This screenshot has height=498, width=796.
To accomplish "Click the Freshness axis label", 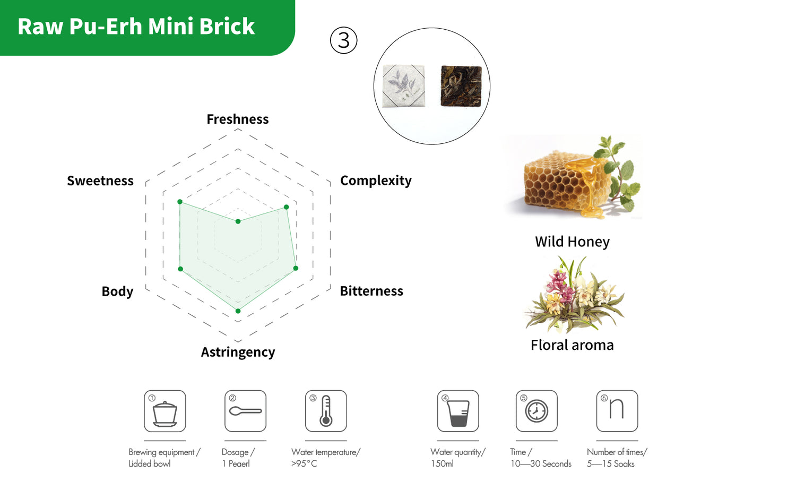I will click(237, 119).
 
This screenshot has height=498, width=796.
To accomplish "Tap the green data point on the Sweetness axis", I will click(180, 202).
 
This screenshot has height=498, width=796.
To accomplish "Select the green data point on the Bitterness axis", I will click(296, 268).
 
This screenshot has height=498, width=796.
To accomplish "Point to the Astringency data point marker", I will click(238, 311).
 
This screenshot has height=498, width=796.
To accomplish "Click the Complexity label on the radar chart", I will click(375, 181).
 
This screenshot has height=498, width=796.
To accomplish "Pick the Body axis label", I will click(117, 291).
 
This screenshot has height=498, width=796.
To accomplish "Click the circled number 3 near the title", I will click(344, 40).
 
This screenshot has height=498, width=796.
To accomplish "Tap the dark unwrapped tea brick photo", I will click(461, 86).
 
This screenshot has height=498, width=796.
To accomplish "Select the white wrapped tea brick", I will click(404, 86).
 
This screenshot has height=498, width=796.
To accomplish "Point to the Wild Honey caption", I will click(572, 242).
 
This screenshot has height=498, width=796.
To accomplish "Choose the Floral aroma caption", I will click(572, 345).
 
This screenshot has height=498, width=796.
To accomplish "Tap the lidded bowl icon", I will click(165, 411).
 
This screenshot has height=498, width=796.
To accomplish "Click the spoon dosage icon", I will click(245, 411).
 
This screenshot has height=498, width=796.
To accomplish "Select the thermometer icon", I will click(326, 411).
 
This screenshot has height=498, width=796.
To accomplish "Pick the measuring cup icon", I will click(458, 411).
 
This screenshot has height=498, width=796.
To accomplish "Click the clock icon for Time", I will click(537, 411).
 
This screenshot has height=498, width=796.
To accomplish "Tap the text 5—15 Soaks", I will click(610, 463).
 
